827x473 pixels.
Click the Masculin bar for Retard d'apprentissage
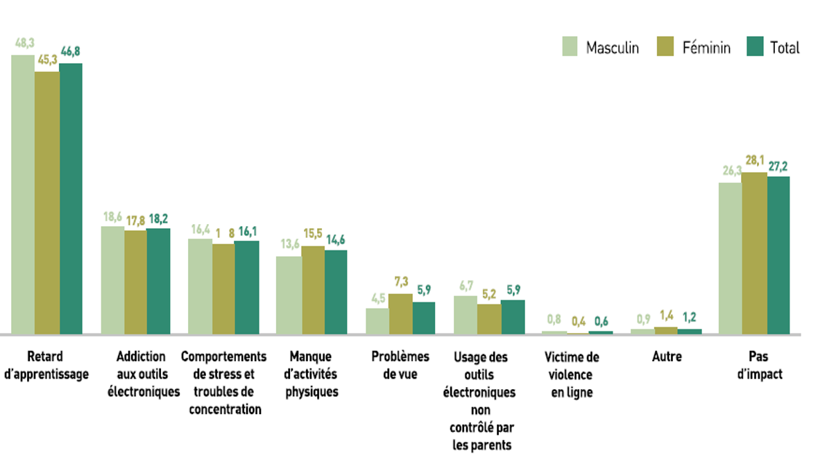coord(23,194)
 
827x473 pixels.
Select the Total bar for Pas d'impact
coord(778,255)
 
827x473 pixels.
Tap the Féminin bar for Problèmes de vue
coord(400,313)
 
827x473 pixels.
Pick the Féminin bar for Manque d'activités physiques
coord(313,290)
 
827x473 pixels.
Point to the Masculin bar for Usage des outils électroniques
coord(466,315)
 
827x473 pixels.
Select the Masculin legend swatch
coord(570,47)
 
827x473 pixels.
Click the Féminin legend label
coord(706,48)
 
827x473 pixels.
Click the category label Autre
coord(667,356)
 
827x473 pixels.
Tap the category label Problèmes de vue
coord(400,365)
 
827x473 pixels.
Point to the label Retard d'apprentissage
coord(46,365)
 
